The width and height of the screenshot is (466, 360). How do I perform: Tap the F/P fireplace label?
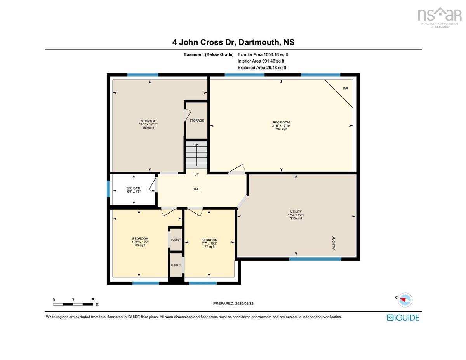click(x=345, y=88)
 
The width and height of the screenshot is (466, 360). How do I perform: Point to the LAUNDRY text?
click(x=334, y=243)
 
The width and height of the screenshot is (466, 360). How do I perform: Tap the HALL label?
click(x=196, y=189)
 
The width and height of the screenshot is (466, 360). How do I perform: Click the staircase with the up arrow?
click(x=196, y=155)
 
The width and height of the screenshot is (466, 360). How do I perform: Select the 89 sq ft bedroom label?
click(x=140, y=242)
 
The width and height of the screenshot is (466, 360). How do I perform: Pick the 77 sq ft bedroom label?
click(x=209, y=243)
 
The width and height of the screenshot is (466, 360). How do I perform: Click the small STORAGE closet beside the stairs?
click(x=196, y=120)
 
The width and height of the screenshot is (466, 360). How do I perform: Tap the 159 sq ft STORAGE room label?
click(x=148, y=124)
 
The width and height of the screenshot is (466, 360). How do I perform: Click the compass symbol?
click(x=405, y=300)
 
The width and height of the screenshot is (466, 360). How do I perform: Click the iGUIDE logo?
click(x=403, y=318)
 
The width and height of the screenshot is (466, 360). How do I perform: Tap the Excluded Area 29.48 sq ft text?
click(x=262, y=68)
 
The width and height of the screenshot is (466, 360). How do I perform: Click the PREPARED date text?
click(x=233, y=303)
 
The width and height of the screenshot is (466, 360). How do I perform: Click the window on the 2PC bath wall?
click(x=108, y=189)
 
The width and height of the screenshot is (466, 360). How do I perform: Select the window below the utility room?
click(x=315, y=259)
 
